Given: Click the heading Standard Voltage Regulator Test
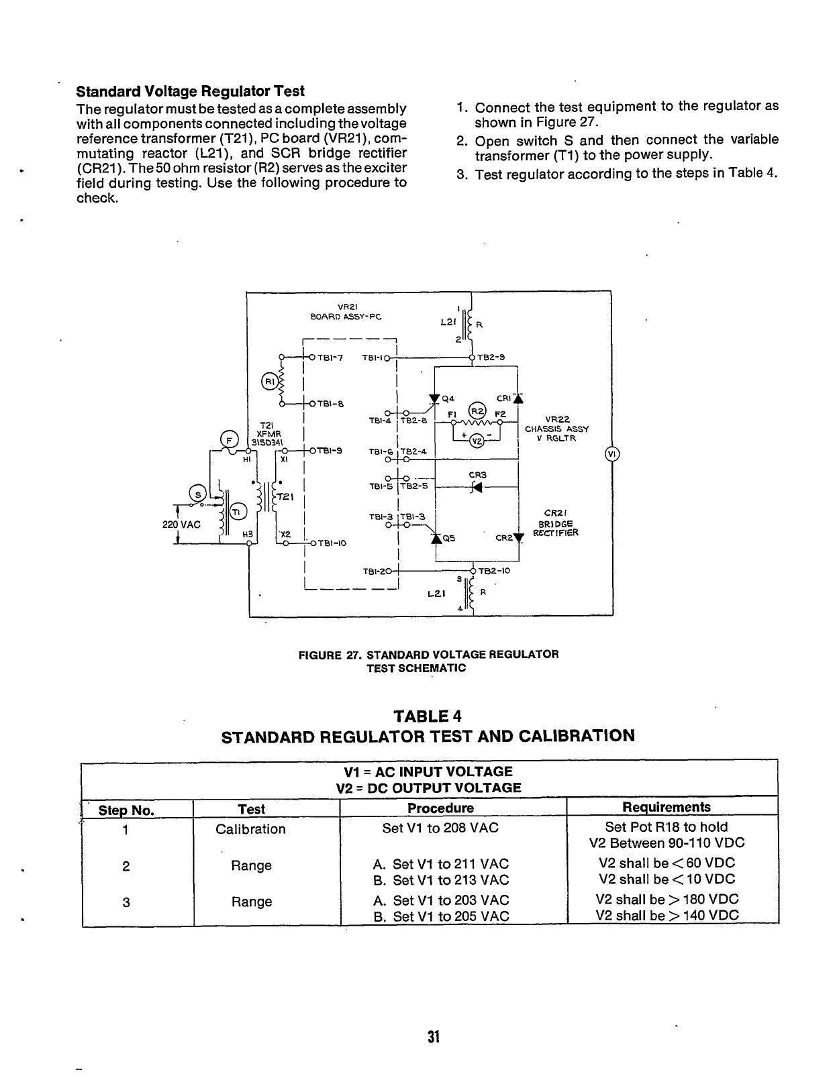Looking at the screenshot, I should click(x=191, y=91).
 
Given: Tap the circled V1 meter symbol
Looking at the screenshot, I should click(x=611, y=454).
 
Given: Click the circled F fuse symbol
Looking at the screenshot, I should click(x=230, y=441).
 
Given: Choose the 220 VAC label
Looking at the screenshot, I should click(x=181, y=525).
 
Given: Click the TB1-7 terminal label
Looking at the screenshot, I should click(x=330, y=358).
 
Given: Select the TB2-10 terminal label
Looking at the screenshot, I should click(x=494, y=571).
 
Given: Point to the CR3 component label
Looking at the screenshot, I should click(x=477, y=475).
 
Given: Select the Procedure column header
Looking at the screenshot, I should click(x=440, y=808).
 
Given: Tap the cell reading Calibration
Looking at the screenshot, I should click(x=250, y=829).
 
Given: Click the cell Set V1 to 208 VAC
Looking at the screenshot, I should click(x=440, y=828).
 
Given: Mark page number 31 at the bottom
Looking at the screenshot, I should click(x=433, y=1037).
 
